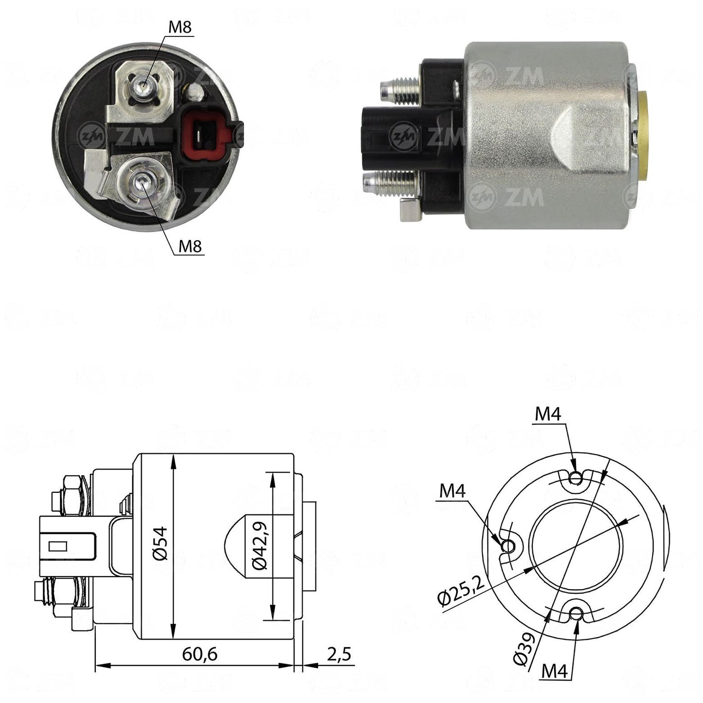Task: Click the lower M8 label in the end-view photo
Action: (190, 247)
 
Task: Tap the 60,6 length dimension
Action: (199, 654)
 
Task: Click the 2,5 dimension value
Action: (339, 654)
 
